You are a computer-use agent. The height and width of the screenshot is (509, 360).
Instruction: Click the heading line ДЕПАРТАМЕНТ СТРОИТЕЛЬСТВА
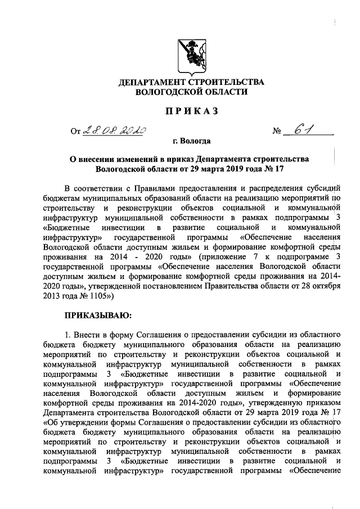191,83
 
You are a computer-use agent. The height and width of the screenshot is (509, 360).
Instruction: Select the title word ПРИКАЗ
191,111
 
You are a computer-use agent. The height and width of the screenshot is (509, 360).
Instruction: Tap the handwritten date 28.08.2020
115,130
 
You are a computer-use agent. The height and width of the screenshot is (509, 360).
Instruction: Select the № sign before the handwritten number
277,133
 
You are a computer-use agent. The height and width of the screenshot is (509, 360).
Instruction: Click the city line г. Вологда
191,142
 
